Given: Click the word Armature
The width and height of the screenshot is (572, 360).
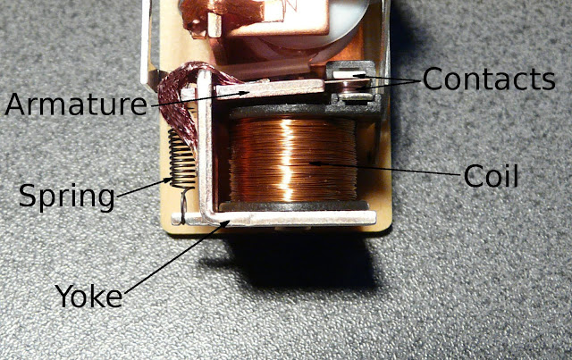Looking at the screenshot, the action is point(76,105).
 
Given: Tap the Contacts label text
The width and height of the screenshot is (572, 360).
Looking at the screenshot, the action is point(489,80).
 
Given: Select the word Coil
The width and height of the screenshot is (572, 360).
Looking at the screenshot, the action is point(491,176).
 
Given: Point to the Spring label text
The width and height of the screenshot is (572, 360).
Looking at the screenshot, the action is point(67,197).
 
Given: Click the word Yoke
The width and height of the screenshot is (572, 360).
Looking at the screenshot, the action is point(88,296).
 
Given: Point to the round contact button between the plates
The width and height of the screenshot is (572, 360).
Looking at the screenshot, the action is point(351,87).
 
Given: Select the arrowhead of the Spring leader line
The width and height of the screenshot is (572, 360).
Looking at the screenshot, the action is point(167,180).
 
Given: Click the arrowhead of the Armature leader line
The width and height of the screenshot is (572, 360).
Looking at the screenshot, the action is point(245,93).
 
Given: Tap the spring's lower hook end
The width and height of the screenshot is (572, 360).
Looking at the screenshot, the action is point(183,205).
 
